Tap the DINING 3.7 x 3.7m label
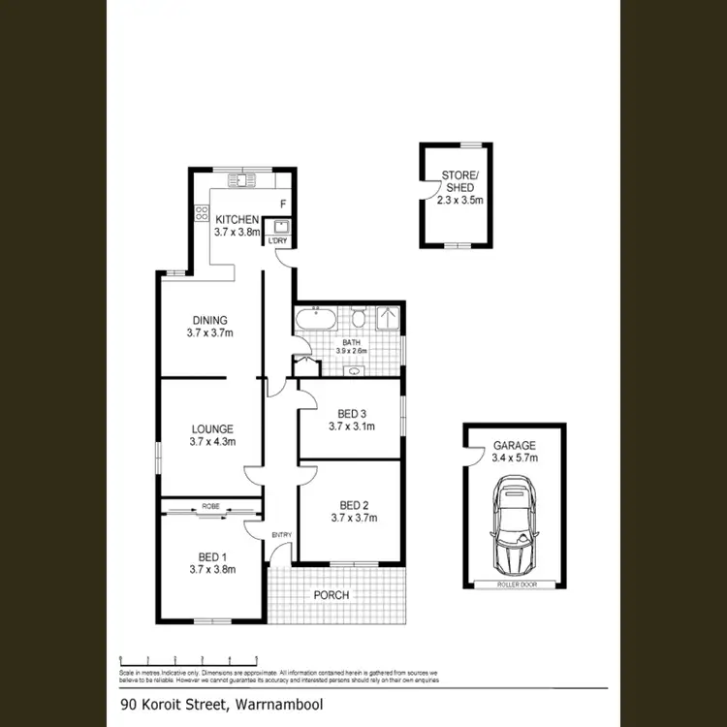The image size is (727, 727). coord(209,327)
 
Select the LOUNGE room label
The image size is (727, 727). coord(211,435)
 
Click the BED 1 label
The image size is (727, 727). coord(211,563)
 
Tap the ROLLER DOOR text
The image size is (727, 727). coord(514,585)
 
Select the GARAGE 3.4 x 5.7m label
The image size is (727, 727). coord(514,452)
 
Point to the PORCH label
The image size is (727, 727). coord(331,594)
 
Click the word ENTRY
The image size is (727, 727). coord(281,535)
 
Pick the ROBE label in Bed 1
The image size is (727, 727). coord(210,506)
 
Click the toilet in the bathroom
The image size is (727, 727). coord(359,318)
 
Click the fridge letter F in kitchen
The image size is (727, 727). coord(282,205)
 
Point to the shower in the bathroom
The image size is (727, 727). coord(390,319)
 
